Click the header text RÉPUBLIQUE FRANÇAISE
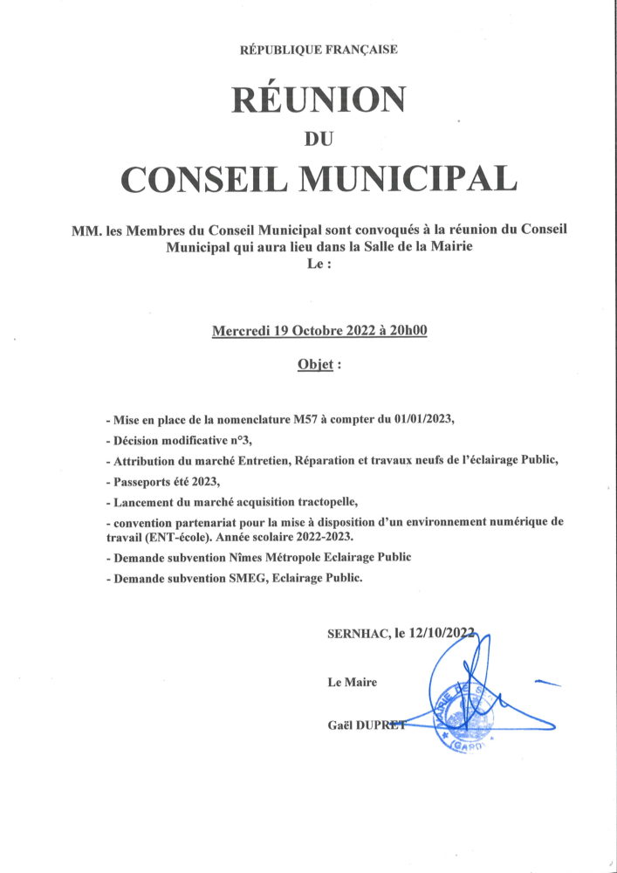[319, 50]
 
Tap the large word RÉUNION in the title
[319, 100]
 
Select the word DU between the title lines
[319, 137]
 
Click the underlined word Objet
[315, 364]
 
